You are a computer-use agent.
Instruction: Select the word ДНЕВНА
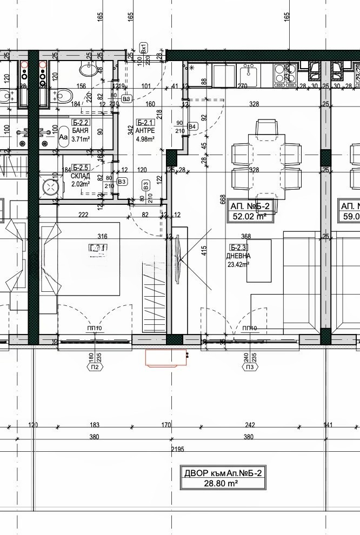pos(238,257)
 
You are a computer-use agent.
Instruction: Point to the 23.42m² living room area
pos(238,265)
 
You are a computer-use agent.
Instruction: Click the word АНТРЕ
pos(146,131)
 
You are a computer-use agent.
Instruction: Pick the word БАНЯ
pos(81,130)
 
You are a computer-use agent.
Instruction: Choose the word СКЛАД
pos(81,176)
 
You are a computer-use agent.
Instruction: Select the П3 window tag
pos(250,367)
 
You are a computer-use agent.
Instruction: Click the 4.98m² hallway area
pos(146,139)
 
